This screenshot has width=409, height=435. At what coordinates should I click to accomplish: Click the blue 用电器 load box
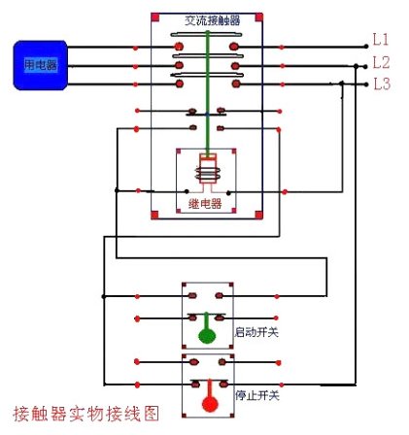pyautogui.click(x=39, y=64)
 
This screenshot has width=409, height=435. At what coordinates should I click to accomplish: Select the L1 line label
pyautogui.click(x=381, y=40)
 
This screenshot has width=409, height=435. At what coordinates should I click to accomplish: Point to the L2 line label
pyautogui.click(x=381, y=62)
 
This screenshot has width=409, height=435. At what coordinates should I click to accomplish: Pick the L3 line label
pyautogui.click(x=381, y=84)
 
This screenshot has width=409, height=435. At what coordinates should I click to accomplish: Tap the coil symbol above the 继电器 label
pyautogui.click(x=205, y=172)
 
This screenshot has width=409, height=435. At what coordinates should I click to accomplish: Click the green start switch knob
pyautogui.click(x=206, y=336)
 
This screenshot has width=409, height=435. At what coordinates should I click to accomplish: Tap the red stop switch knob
pyautogui.click(x=206, y=399)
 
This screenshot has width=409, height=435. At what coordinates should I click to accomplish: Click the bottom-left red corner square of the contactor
pyautogui.click(x=155, y=215)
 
